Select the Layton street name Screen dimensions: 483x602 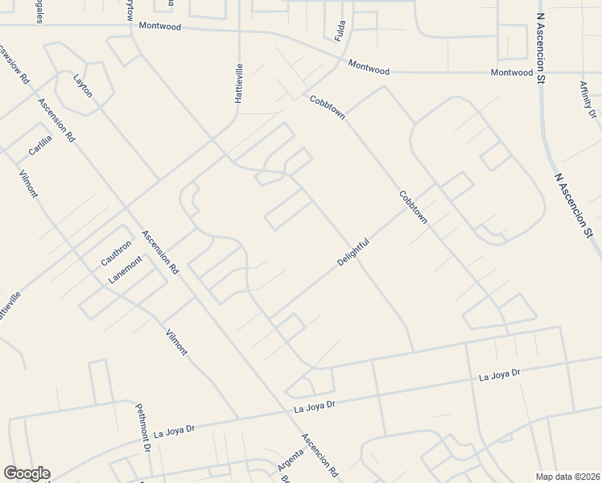(83, 85)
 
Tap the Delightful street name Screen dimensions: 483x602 (353, 253)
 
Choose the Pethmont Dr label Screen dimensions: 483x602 (143, 427)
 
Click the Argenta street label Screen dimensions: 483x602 (290, 461)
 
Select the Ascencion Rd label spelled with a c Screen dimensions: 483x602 (320, 456)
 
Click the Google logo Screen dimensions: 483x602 (27, 473)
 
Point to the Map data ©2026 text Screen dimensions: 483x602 (567, 477)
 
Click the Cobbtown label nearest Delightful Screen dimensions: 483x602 (412, 208)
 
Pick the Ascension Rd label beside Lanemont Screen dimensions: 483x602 (160, 253)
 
